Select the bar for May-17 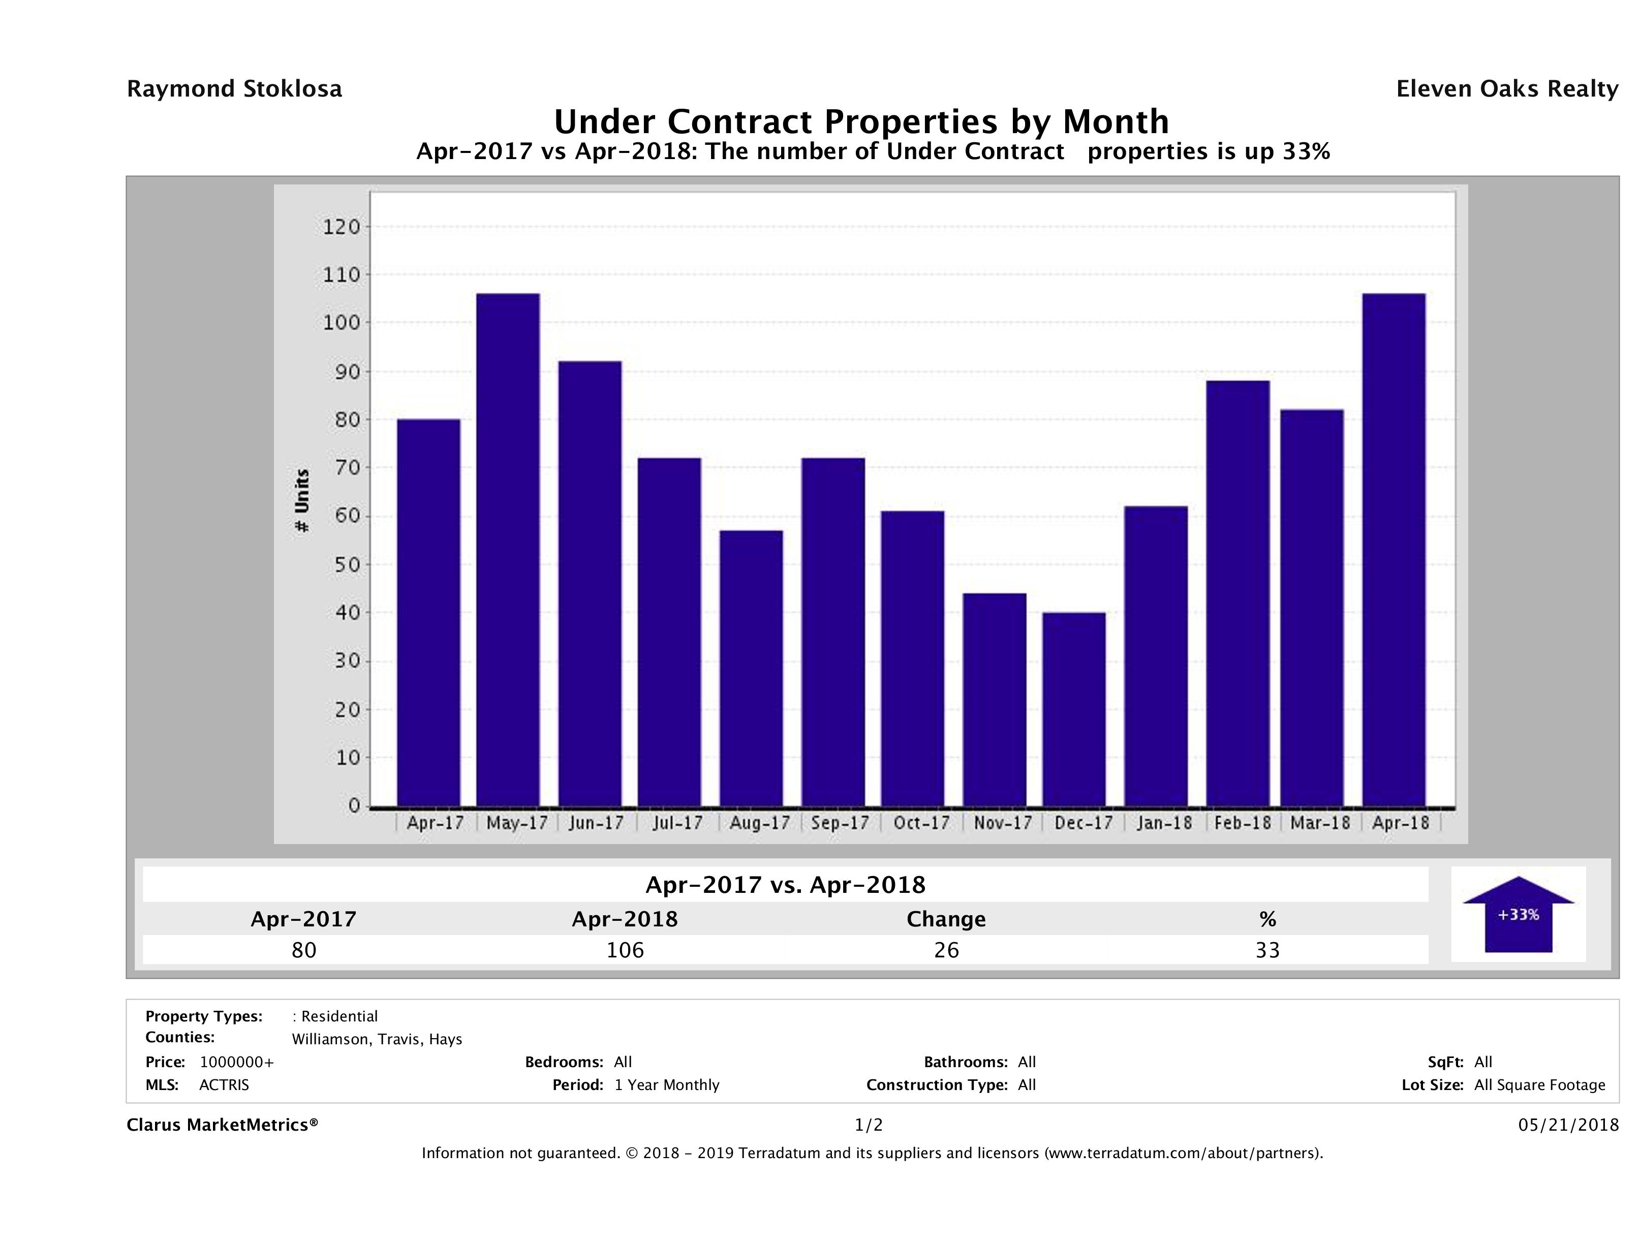[508, 549]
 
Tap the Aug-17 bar [751, 668]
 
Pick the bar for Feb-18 [1237, 593]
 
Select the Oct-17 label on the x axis [921, 823]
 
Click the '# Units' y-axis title [302, 501]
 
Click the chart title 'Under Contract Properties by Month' [861, 121]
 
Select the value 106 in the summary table [625, 950]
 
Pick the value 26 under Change [946, 950]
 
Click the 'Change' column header [946, 919]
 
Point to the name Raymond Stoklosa [234, 89]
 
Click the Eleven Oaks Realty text [1506, 89]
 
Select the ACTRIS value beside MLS [224, 1085]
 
